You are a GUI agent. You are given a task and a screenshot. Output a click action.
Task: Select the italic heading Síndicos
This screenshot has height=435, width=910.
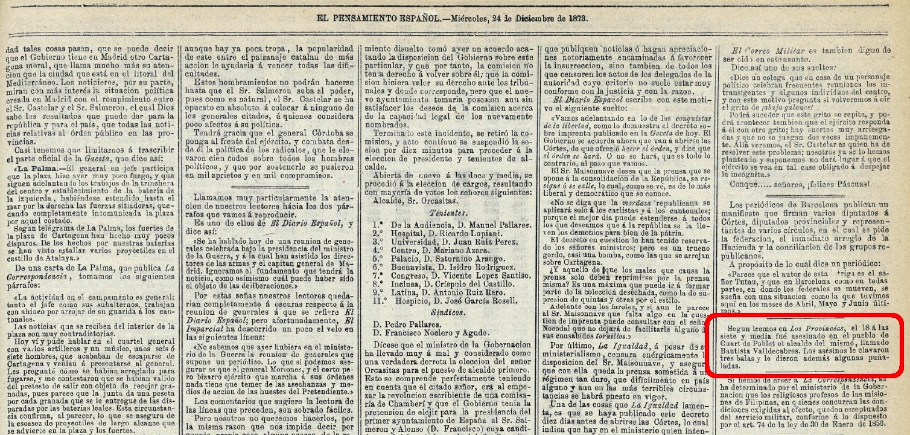[x=447, y=312]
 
